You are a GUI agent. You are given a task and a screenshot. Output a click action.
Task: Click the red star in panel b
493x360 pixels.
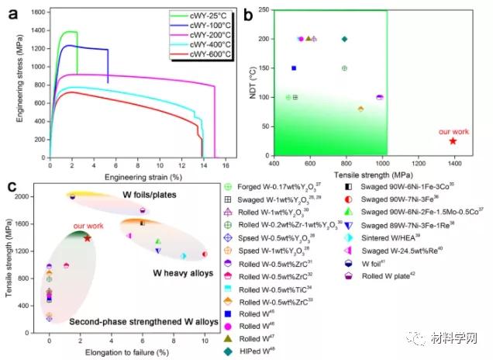[453, 140]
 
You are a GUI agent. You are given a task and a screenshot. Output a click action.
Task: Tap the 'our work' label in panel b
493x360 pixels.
[453, 131]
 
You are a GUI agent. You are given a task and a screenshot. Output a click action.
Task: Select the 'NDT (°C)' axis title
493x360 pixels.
[254, 83]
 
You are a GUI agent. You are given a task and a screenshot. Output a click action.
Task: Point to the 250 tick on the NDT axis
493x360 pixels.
[264, 9]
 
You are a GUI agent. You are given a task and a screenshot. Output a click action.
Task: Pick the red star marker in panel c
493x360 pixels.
[87, 238]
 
